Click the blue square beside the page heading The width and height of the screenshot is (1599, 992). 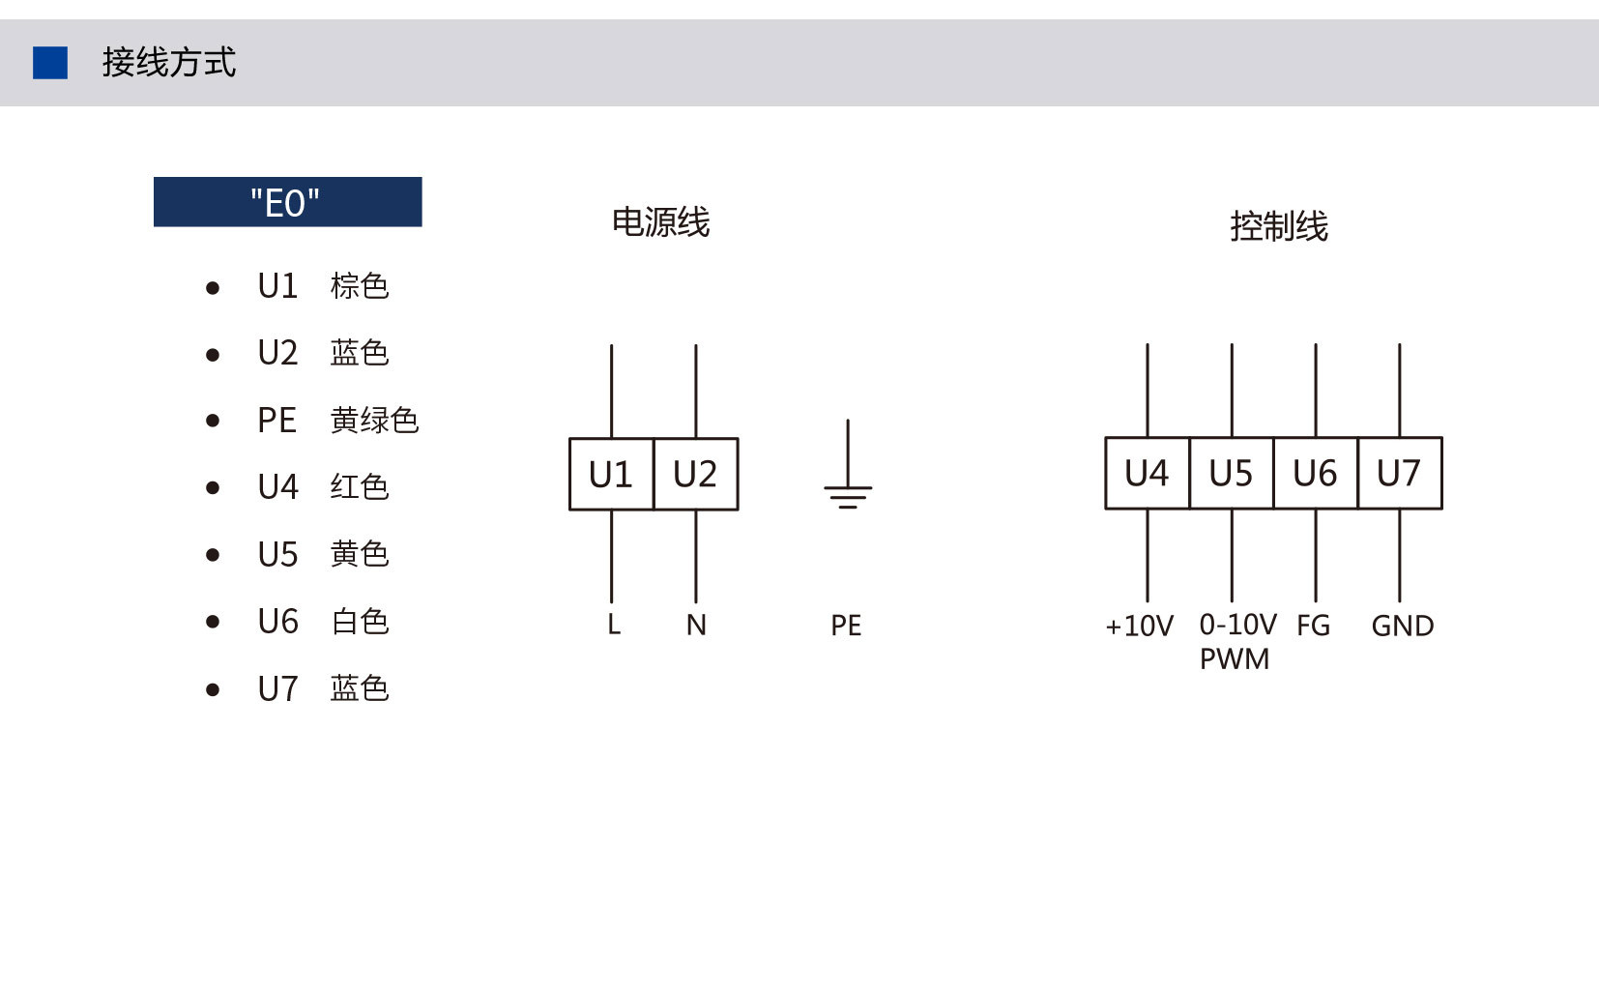point(50,63)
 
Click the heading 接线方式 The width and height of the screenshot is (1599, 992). point(168,62)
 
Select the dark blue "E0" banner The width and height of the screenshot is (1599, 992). point(288,202)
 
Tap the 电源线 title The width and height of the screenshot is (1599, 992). point(661,222)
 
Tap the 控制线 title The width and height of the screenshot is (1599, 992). point(1278,226)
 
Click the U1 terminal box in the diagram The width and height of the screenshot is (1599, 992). point(611,474)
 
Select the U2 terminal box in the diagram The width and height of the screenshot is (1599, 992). point(696,474)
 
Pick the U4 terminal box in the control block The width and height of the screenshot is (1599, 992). point(1148,473)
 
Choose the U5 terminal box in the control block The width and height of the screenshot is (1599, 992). point(1232,473)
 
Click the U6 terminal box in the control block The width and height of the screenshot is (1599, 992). point(1316,473)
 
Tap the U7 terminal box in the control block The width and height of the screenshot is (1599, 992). point(1400,473)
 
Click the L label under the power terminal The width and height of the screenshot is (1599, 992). point(614,625)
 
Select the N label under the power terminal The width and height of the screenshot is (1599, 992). point(696,625)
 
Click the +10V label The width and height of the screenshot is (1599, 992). point(1139,626)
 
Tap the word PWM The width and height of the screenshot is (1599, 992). point(1235,658)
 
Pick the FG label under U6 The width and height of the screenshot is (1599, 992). point(1314,626)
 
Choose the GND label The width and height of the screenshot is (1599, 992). point(1403,626)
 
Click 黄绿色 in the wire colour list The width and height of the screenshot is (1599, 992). point(374,420)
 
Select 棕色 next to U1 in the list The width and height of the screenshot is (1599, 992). point(359,285)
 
